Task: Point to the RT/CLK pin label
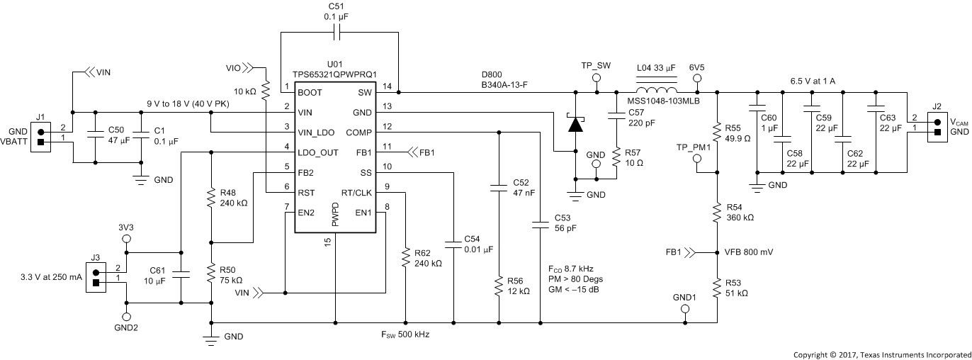tap(357, 192)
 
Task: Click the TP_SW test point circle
tap(597, 79)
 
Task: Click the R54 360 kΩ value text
tap(740, 218)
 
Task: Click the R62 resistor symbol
tap(405, 258)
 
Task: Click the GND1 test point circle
tap(685, 310)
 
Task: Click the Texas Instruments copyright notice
tap(881, 353)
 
